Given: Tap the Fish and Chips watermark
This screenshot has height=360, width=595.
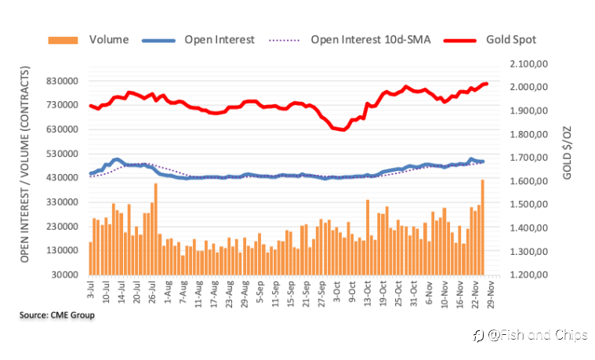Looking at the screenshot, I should coord(532,335).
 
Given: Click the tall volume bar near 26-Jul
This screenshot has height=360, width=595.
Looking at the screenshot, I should coord(156,228).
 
